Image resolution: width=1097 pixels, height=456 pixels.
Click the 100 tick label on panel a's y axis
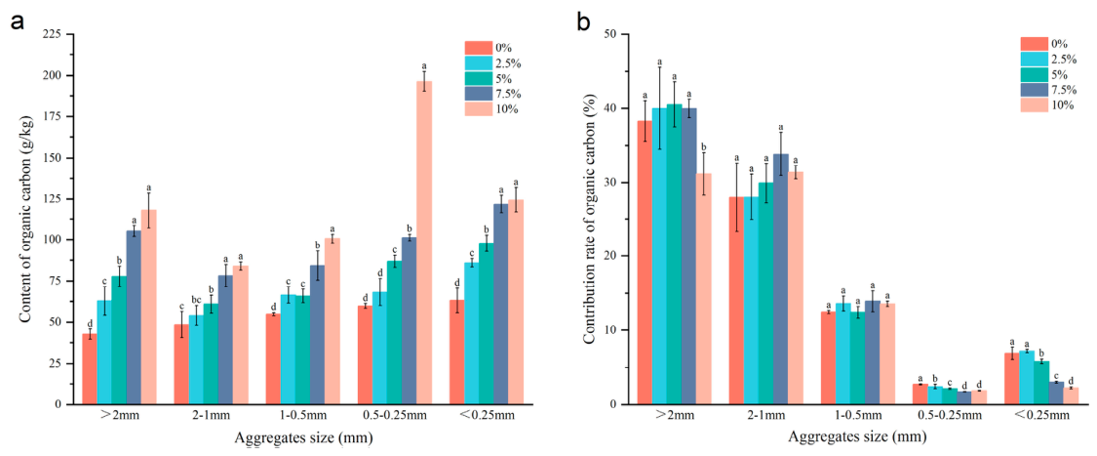point(54,240)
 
